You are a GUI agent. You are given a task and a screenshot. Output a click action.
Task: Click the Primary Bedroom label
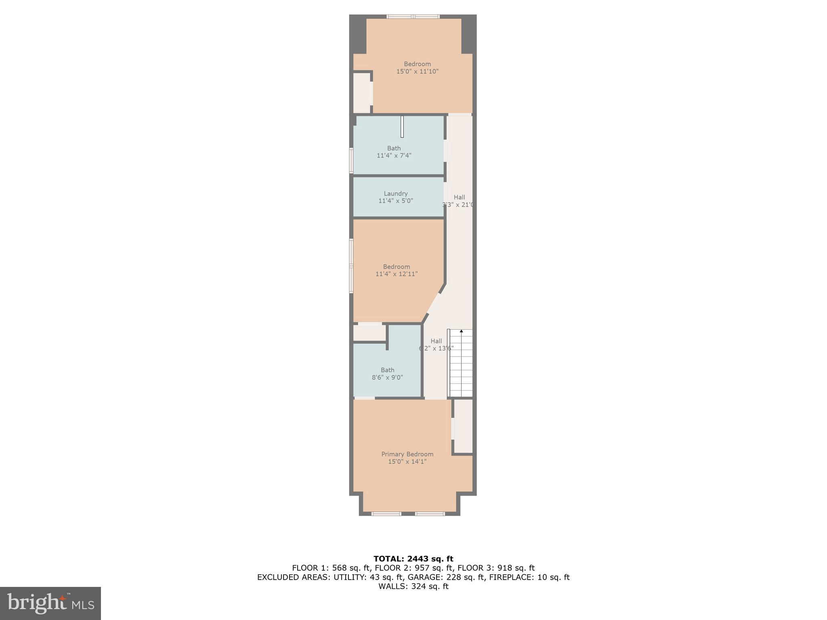click(x=407, y=454)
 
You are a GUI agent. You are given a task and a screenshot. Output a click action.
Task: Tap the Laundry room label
click(x=395, y=193)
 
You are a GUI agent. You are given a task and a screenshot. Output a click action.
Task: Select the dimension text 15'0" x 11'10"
click(x=417, y=71)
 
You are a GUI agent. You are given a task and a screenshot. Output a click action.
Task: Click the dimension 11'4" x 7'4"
click(x=394, y=155)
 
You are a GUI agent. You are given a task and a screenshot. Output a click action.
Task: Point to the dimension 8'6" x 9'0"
click(x=387, y=377)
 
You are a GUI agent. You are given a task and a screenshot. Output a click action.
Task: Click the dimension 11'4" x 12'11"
click(x=396, y=274)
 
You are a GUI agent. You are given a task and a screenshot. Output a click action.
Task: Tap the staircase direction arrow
click(x=461, y=332)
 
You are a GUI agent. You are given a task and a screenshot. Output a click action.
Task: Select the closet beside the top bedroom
click(x=361, y=93)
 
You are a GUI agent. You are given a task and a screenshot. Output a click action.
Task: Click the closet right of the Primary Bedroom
click(x=463, y=426)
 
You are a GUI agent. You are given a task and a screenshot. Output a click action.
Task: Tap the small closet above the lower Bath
click(x=369, y=333)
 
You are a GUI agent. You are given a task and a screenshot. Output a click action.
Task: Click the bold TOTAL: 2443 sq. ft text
click(x=413, y=559)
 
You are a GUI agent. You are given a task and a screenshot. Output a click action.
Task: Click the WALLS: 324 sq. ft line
click(x=413, y=586)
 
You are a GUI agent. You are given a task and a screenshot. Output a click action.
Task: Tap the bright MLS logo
click(x=50, y=603)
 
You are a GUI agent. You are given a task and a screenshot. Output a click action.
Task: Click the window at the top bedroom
click(x=413, y=17)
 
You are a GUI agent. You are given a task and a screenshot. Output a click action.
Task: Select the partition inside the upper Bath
click(x=402, y=127)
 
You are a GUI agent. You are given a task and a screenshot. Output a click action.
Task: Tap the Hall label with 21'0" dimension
click(x=459, y=197)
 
